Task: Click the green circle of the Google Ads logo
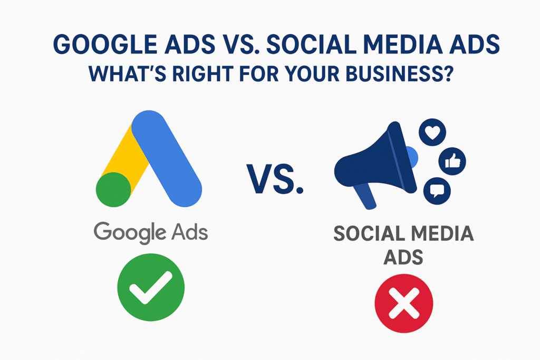(x=113, y=189)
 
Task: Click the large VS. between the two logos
(x=275, y=179)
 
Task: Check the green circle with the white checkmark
(x=151, y=287)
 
